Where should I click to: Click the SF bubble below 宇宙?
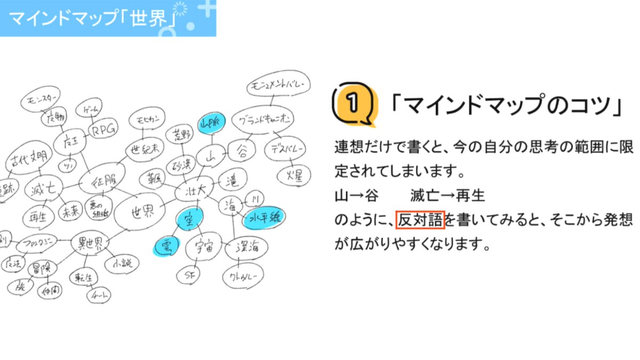[x=188, y=275]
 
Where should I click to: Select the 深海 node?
[x=246, y=247]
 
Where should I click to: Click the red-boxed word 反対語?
[x=420, y=220]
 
